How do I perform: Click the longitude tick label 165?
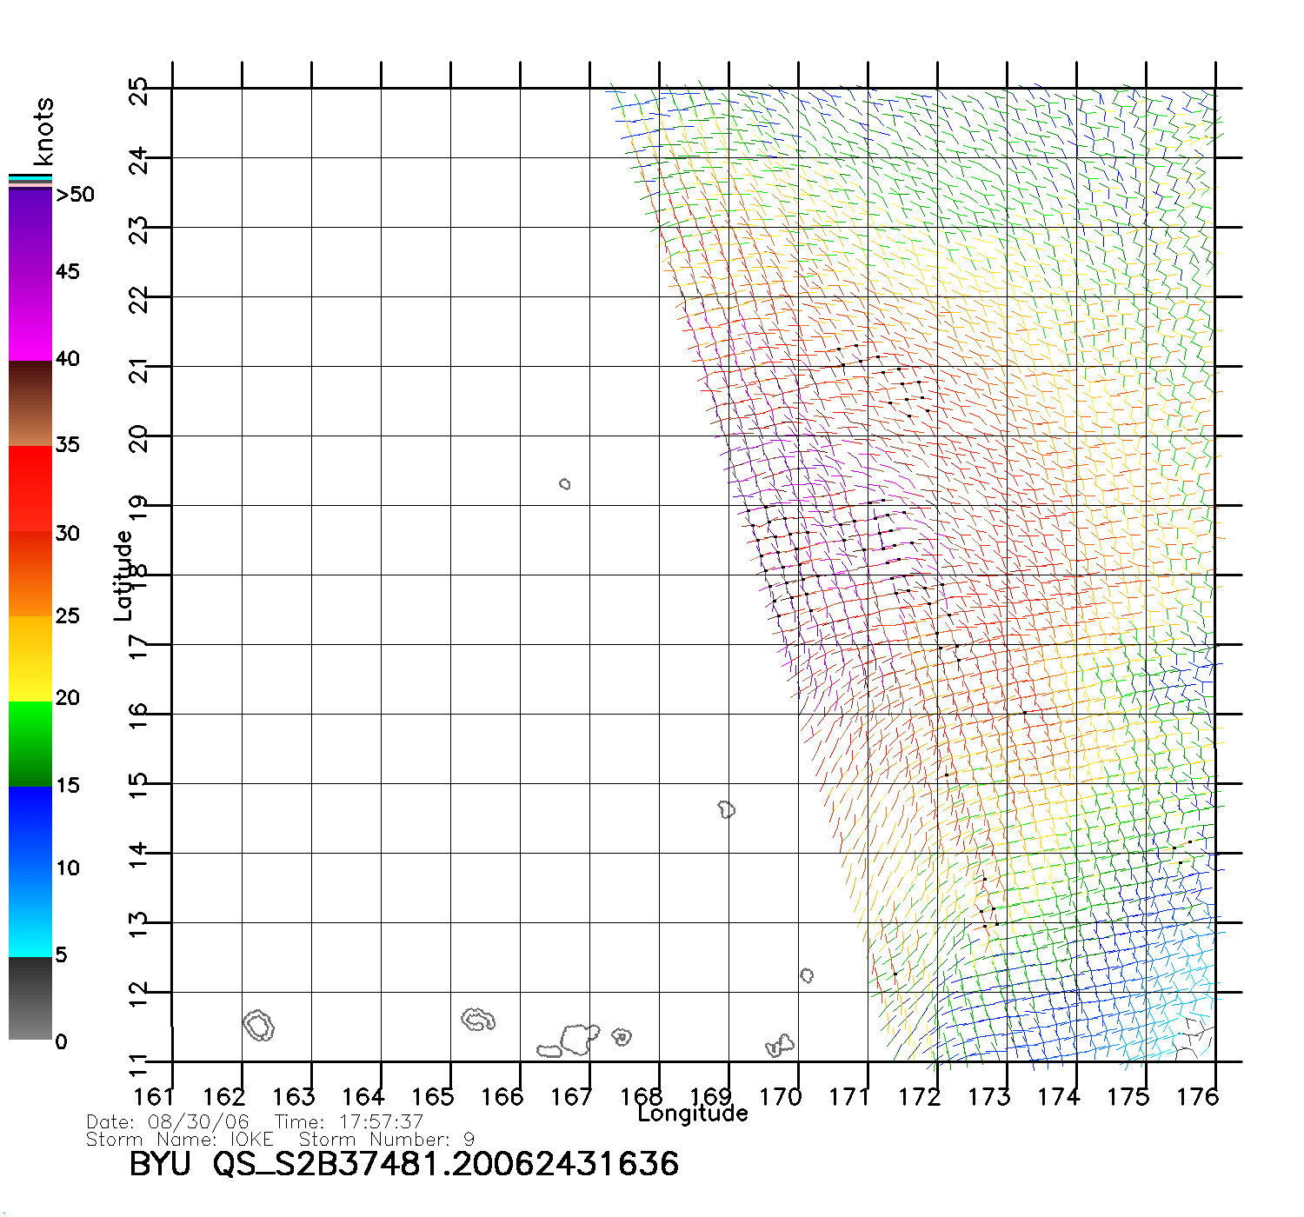coord(432,1097)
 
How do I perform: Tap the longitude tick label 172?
coord(919,1097)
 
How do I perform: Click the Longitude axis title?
coord(693,1114)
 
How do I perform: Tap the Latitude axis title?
coord(123,575)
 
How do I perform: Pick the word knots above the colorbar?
coord(43,131)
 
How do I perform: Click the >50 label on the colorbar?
coord(75,195)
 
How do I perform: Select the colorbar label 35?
coord(68,445)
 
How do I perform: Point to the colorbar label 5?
coord(61,955)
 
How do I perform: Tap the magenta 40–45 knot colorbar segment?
coord(30,317)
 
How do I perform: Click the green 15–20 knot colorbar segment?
coord(30,743)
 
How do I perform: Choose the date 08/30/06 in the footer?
coord(198,1122)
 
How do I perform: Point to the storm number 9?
coord(469,1139)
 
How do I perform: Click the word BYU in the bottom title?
coord(160,1164)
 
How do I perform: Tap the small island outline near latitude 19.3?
coord(565,483)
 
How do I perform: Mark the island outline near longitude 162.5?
coord(258,1026)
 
